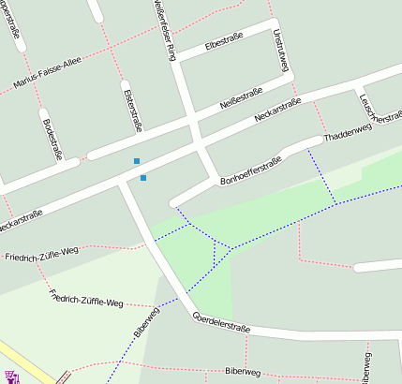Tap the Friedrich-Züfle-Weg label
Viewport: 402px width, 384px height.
[x=41, y=254]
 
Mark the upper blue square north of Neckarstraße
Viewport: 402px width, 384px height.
[x=137, y=161]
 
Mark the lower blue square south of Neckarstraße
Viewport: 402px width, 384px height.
[x=143, y=177]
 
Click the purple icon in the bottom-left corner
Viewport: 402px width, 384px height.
[x=12, y=377]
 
